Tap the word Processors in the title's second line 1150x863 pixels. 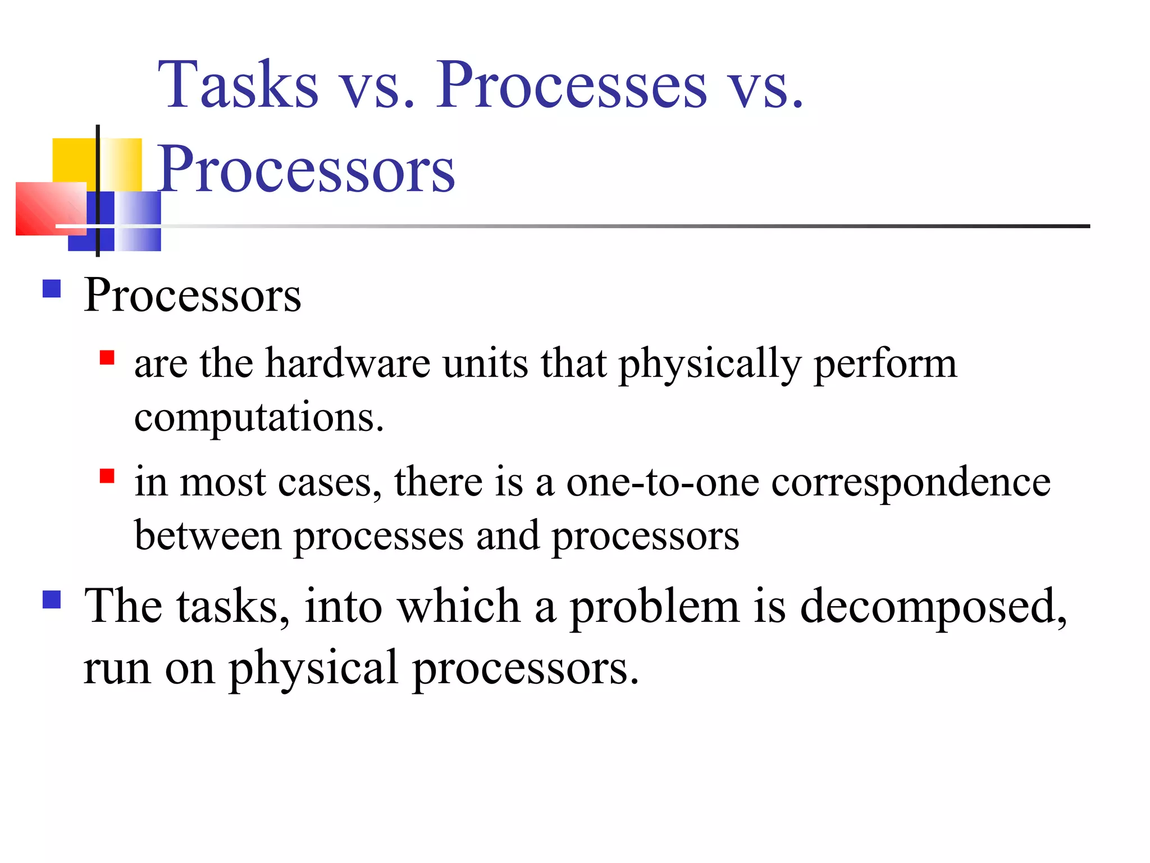pyautogui.click(x=307, y=169)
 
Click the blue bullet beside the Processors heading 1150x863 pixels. pyautogui.click(x=52, y=289)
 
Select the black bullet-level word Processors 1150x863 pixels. pyautogui.click(x=193, y=296)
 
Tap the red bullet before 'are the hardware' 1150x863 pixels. pyautogui.click(x=107, y=358)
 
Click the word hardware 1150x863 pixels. pyautogui.click(x=348, y=364)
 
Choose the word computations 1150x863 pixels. pyautogui.click(x=259, y=418)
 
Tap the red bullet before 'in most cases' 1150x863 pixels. pyautogui.click(x=107, y=476)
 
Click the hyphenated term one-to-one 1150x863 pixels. pyautogui.click(x=663, y=482)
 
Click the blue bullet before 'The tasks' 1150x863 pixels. pyautogui.click(x=52, y=599)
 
